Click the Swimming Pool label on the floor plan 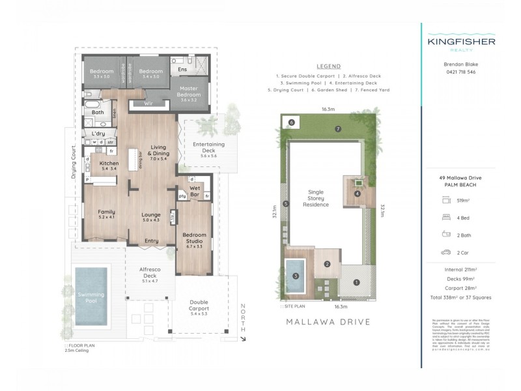coord(91,297)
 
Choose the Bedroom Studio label coord(194,238)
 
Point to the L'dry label coord(98,133)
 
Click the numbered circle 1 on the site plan coord(356,282)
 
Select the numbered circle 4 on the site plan coord(357,193)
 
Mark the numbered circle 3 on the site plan coord(295,276)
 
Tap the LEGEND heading coord(328,66)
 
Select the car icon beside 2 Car coord(445,252)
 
